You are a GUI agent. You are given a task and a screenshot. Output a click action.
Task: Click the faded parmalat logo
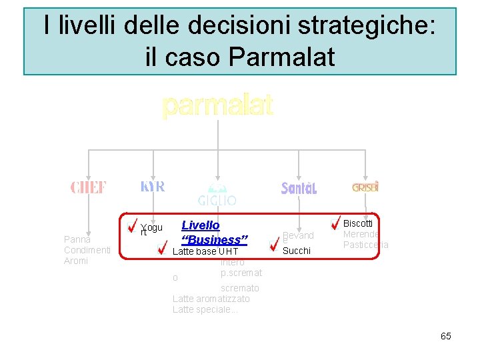pos(217,105)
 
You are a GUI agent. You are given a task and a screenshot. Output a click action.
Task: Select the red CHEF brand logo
pos(89,187)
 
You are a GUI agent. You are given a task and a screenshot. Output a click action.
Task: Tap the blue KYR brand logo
pos(153,186)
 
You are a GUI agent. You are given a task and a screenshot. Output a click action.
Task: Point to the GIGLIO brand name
pos(217,200)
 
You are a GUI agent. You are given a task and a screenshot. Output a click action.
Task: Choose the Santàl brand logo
pos(299,189)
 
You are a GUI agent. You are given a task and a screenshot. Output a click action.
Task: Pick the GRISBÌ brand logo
pos(365,187)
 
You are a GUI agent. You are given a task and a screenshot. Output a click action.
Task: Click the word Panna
pos(77,239)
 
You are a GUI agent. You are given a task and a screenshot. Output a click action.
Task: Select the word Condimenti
pos(87,250)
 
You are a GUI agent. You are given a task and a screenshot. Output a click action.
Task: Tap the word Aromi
pos(75,261)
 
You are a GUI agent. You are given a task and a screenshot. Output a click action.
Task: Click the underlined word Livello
pos(201,226)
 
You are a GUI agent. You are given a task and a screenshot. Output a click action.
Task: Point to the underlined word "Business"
pos(215,240)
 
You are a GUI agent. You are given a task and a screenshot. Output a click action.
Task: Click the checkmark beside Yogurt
pos(133,225)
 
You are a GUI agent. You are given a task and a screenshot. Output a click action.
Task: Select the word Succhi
pos(297,251)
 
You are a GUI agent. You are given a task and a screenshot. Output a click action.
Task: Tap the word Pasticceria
pos(365,245)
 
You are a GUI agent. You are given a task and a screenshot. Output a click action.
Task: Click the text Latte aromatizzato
pos(211,299)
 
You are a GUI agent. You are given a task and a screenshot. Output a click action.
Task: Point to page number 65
pos(446,336)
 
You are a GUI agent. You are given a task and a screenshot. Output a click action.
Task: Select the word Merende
pos(361,234)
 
